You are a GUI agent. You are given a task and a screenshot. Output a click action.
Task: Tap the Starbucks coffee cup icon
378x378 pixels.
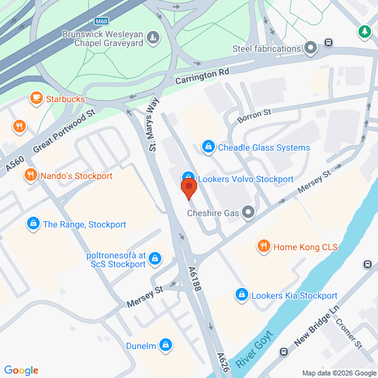pyautogui.click(x=36, y=99)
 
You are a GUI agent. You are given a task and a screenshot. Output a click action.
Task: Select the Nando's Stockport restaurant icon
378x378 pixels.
pyautogui.click(x=29, y=176)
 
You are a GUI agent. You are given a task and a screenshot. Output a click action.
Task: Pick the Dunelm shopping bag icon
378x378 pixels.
pyautogui.click(x=165, y=345)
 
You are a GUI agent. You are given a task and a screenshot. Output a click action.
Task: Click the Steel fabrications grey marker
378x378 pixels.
pyautogui.click(x=310, y=47)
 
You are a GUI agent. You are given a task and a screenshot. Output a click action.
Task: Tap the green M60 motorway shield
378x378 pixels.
pyautogui.click(x=110, y=21)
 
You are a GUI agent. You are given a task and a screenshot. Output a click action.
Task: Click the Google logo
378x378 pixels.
pyautogui.click(x=21, y=370)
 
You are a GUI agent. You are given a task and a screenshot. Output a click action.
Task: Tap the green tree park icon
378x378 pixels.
pyautogui.click(x=364, y=31)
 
